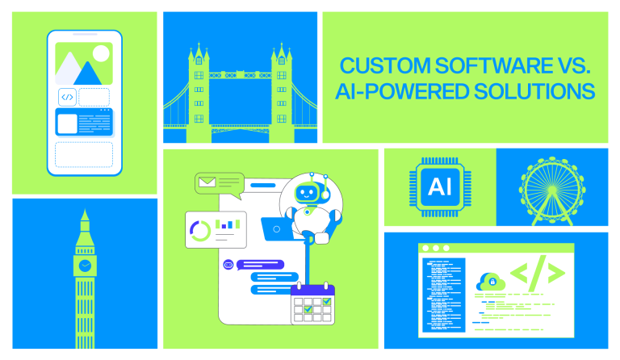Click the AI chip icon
440,186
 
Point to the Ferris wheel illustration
551,188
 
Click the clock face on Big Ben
84,265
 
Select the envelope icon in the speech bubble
207,182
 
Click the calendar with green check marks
312,303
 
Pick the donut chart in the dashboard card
199,231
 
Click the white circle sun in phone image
100,54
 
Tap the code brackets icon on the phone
67,97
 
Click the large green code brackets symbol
537,275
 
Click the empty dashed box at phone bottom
84,154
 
